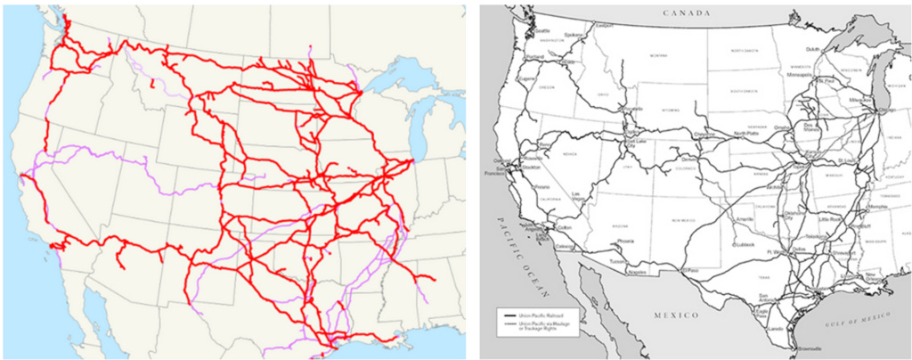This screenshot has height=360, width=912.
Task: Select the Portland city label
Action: coord(535,56)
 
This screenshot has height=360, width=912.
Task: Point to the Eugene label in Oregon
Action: coord(529,78)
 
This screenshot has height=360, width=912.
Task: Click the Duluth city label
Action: coord(812,50)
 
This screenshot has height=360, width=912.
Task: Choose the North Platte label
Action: coord(746,135)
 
